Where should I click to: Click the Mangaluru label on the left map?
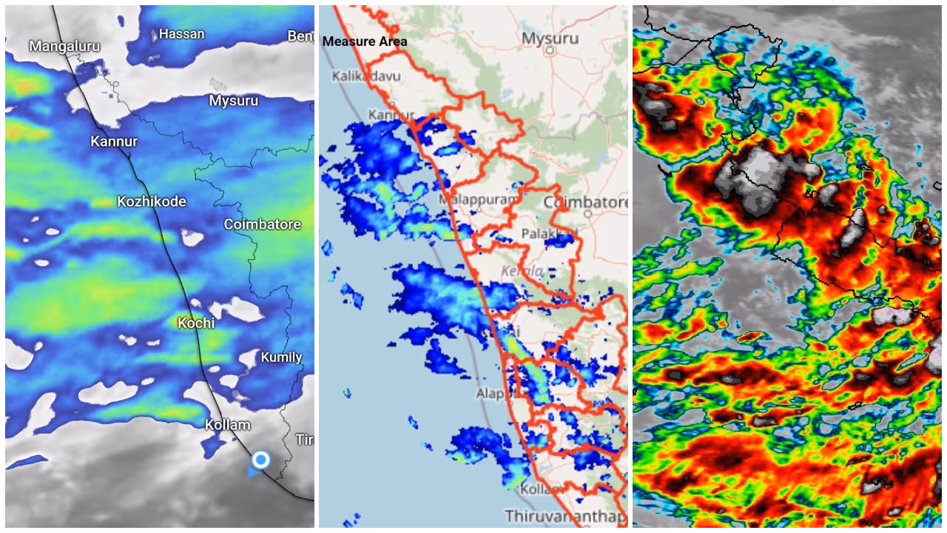(64, 47)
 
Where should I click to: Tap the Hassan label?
(181, 34)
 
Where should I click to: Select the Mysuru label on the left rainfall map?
(234, 101)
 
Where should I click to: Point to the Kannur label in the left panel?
(114, 141)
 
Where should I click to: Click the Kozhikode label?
(152, 201)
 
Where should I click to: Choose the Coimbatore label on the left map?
(263, 224)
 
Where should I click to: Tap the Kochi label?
(196, 323)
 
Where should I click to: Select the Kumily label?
(281, 358)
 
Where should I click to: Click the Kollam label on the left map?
(227, 425)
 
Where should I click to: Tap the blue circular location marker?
(260, 460)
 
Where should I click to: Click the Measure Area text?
(365, 41)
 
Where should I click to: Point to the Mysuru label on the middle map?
(550, 38)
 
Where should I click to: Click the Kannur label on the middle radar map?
(391, 115)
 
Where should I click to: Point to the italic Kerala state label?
(522, 271)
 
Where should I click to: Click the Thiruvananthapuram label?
(565, 515)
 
